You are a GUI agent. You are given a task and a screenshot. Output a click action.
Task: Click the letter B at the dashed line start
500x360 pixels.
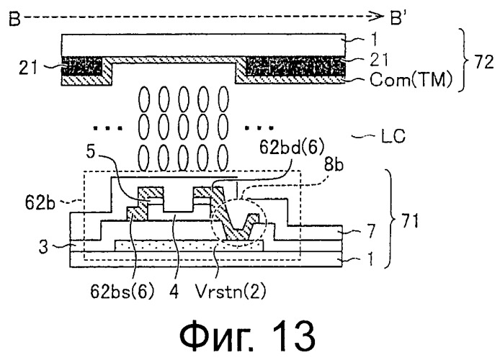(x=13, y=14)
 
